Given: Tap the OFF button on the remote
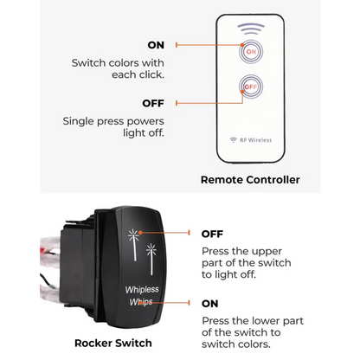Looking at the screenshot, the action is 251,87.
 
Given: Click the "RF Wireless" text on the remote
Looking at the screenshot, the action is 256,140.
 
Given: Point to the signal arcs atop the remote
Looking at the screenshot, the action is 251,29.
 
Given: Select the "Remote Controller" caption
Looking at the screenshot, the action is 250,180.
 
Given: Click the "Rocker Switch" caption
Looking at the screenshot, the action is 113,343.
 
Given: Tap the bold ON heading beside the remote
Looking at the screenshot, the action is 156,45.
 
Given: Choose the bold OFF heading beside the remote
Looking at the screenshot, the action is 153,103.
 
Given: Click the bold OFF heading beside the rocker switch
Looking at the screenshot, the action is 212,234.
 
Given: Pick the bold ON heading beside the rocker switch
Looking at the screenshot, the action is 210,304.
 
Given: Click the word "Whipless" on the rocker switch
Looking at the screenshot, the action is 142,289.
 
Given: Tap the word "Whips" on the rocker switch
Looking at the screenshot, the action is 141,302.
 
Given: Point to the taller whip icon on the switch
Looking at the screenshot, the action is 133,245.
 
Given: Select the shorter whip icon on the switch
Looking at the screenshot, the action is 151,259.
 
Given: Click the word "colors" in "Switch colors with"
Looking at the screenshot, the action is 130,63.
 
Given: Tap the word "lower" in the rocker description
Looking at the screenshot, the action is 267,321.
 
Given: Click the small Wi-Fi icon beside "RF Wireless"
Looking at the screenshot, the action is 234,140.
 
